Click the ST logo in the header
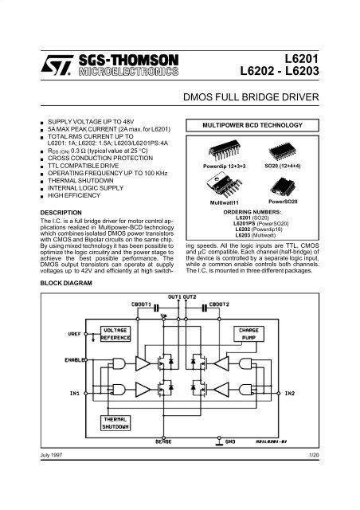click(57, 65)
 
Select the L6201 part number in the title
click(302, 58)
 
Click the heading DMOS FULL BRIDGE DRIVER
click(251, 97)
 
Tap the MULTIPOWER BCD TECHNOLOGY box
click(252, 125)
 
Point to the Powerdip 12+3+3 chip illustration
click(225, 151)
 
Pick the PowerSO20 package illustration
click(283, 187)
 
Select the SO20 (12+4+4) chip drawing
click(282, 151)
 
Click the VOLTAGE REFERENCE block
click(115, 334)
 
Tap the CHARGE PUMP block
click(248, 334)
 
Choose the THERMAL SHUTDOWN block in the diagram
click(115, 423)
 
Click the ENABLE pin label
click(75, 360)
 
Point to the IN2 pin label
click(289, 393)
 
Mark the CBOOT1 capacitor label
click(142, 304)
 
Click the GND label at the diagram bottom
click(230, 441)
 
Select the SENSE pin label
click(163, 441)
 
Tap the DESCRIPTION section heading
click(61, 213)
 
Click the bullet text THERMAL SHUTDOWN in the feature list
click(80, 181)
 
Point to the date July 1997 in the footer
click(51, 455)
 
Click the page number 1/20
click(314, 455)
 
